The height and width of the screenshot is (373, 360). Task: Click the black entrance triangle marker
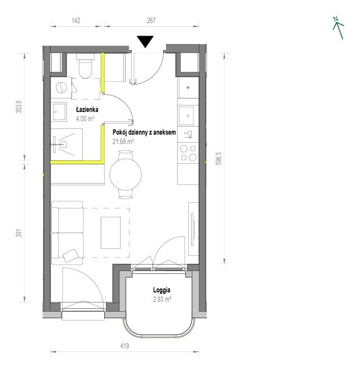pos(145,41)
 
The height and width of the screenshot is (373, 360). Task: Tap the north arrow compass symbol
pos(338,27)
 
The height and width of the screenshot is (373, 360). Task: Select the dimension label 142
pos(76,21)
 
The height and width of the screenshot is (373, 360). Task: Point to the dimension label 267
pos(151,21)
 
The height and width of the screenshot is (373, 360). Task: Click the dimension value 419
pos(124,346)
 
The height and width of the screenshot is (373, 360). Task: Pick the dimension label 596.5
pos(219,159)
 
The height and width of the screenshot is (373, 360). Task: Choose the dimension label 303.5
pos(19,107)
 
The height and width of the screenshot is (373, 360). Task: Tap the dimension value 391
pos(19,233)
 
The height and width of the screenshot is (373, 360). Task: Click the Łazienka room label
pos(87,110)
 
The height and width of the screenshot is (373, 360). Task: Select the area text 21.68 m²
pos(123,142)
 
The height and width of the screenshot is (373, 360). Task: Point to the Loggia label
pos(162,290)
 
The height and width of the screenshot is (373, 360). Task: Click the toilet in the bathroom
pos(85,66)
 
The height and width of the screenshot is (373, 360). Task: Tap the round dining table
pos(126,174)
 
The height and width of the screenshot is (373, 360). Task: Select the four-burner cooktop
pos(188,153)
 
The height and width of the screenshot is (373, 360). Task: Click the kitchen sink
pos(186,115)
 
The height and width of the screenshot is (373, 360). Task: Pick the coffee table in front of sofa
pos(111,233)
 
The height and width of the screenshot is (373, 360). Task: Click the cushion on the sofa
pos(70,256)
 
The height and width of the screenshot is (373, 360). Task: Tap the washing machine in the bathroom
pos(61,87)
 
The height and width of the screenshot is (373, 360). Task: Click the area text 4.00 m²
pos(85,118)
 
